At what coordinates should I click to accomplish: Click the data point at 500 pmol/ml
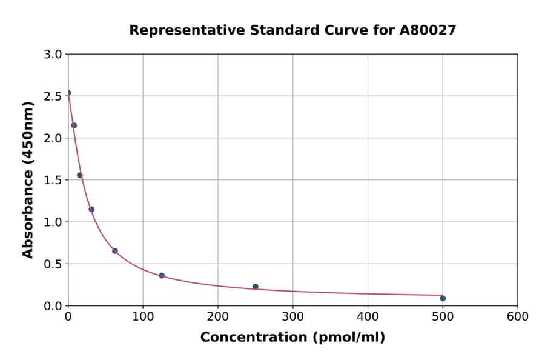click(443, 298)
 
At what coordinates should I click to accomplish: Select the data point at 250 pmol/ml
click(256, 287)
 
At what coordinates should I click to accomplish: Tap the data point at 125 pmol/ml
click(162, 276)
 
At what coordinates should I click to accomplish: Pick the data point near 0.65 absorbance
click(115, 251)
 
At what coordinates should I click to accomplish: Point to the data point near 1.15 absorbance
click(91, 210)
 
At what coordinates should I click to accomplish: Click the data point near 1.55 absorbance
click(80, 175)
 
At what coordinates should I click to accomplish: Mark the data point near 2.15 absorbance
click(74, 125)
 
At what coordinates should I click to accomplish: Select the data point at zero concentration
click(68, 93)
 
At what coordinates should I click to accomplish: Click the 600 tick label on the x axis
click(517, 316)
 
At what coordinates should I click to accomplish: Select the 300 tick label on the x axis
click(292, 316)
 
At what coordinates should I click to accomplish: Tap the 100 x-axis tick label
click(143, 316)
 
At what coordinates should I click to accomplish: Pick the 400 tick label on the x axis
click(368, 316)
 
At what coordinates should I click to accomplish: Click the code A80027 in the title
click(429, 30)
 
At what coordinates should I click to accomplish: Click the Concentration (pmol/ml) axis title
click(292, 337)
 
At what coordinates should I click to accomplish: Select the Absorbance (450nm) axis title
click(28, 179)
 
